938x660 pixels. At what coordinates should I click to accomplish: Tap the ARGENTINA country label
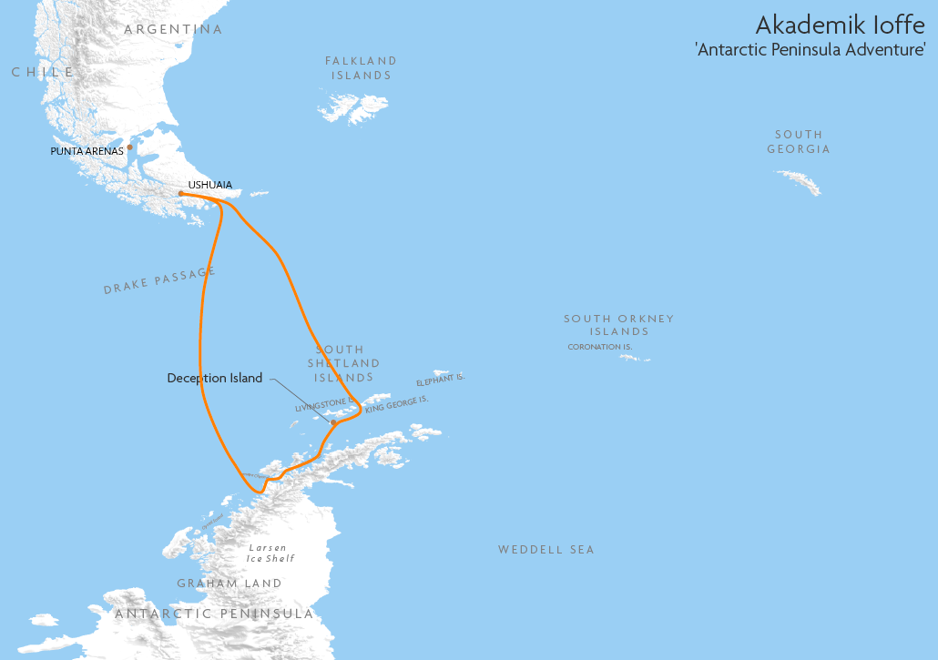point(173,29)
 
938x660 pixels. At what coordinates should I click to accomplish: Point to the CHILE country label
point(42,72)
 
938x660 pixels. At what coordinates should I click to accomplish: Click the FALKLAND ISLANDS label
point(362,68)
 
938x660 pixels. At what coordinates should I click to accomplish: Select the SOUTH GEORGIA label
point(799,141)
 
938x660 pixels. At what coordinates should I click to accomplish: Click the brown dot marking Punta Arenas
point(130,147)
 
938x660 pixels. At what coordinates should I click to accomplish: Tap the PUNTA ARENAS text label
point(87,151)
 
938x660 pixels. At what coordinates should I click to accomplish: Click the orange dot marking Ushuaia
point(181,193)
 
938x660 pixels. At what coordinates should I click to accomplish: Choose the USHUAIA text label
point(209,185)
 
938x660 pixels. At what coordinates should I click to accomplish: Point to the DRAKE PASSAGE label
point(159,280)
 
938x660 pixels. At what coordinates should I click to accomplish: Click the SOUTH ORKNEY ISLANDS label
point(618,325)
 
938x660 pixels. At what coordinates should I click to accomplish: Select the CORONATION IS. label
point(599,347)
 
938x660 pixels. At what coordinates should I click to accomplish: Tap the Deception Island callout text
point(214,378)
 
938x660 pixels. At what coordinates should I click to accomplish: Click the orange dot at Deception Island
point(333,422)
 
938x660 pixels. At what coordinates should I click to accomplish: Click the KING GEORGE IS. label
point(396,404)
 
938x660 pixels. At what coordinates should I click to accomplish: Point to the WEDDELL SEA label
point(545,550)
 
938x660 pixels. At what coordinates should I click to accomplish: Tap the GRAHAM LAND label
point(229,583)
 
